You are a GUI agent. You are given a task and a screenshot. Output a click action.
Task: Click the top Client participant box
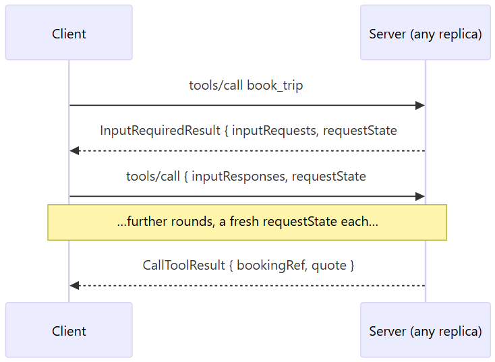69,32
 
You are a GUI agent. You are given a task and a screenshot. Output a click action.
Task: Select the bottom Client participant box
69,330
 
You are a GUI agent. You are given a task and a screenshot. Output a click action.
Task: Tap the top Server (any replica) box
426,32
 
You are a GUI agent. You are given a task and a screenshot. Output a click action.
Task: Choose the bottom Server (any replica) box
426,330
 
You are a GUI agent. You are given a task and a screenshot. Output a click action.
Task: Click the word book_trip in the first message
275,86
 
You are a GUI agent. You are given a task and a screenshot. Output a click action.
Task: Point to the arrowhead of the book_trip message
420,105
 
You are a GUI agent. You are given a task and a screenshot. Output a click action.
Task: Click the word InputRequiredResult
160,130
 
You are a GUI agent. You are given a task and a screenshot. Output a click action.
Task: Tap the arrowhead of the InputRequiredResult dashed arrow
74,151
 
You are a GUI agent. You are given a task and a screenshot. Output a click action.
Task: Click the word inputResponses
239,177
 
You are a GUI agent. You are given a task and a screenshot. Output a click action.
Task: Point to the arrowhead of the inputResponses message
420,196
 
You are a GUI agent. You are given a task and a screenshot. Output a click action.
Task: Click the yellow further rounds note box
247,222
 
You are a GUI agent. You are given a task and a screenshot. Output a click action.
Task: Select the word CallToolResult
183,265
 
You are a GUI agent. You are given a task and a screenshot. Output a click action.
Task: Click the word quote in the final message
329,266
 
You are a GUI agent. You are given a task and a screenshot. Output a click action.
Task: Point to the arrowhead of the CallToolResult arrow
74,286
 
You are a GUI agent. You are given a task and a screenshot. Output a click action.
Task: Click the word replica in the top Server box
465,34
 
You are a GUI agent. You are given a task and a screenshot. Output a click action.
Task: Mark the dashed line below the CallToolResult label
247,286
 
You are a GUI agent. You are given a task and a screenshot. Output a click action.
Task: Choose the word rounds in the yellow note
193,221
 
